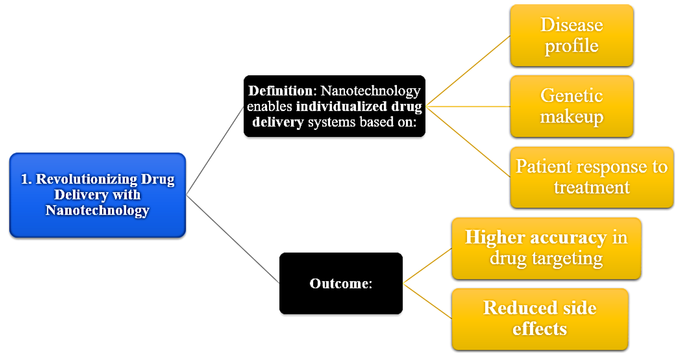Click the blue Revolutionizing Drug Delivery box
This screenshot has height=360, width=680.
[x=98, y=195]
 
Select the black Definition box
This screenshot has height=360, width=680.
[x=334, y=106]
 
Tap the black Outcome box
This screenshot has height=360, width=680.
[x=341, y=283]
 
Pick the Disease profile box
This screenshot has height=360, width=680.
[x=572, y=36]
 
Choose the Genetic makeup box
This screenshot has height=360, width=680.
[x=572, y=106]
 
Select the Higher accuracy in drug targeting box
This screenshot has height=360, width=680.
[x=546, y=248]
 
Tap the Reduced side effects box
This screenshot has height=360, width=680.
[x=540, y=319]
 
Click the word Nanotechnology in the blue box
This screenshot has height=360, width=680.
[x=98, y=211]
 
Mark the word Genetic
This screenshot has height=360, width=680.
[x=572, y=96]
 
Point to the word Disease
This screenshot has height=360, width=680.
[x=572, y=25]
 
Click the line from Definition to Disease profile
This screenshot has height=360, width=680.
[x=468, y=71]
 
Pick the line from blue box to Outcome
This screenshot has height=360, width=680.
[x=233, y=239]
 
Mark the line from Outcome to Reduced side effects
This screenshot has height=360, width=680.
[x=427, y=301]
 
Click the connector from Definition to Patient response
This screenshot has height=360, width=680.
[x=468, y=142]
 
